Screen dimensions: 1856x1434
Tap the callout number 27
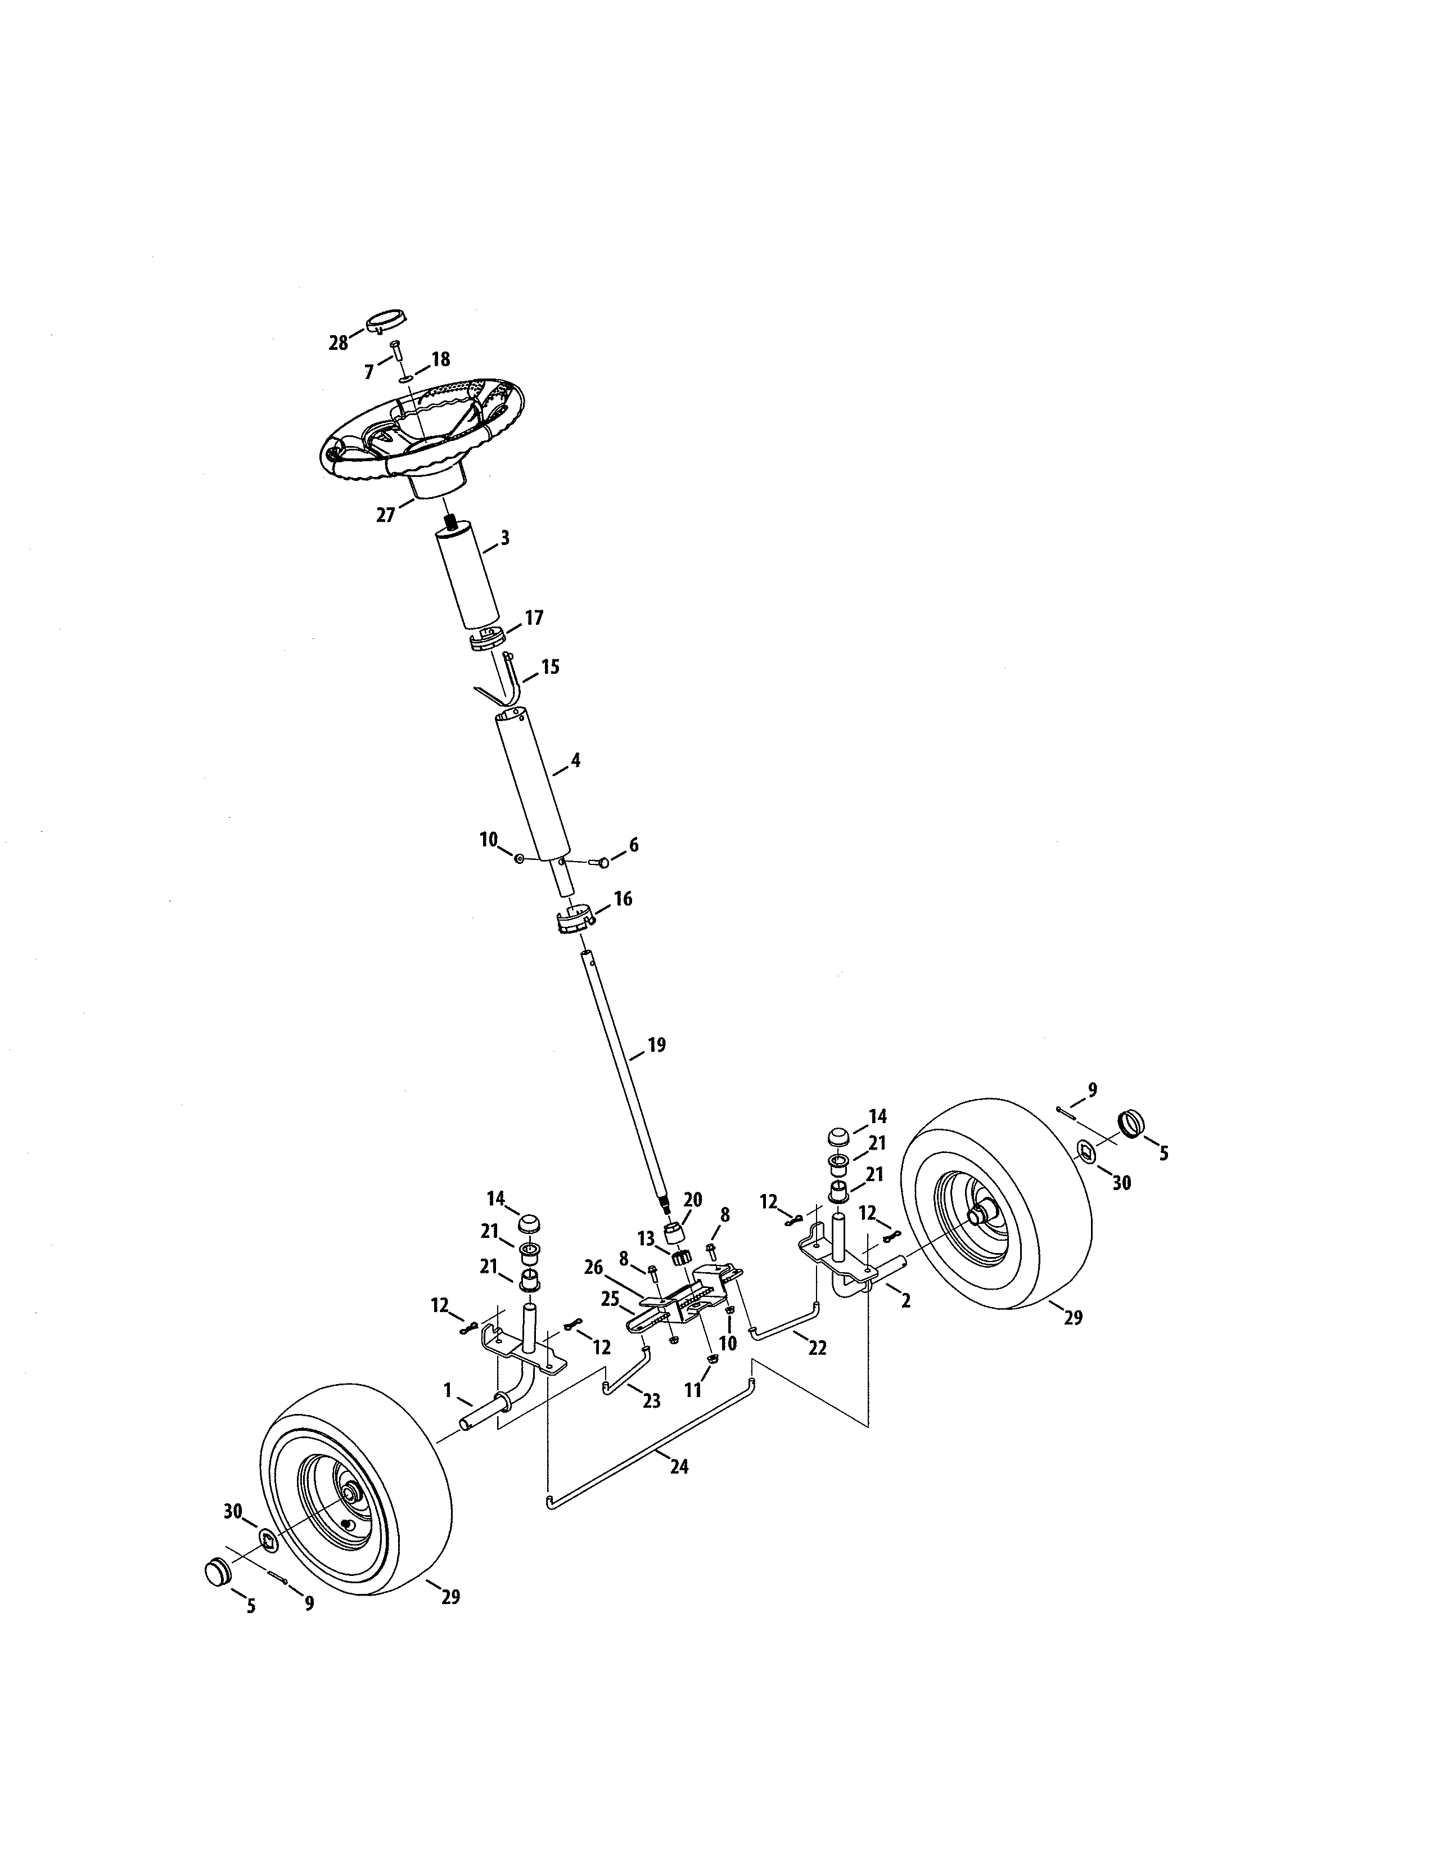click(x=386, y=515)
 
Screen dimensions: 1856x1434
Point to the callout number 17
click(x=534, y=618)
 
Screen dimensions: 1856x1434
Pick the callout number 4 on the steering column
click(x=575, y=760)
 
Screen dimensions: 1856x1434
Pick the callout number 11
click(x=694, y=1390)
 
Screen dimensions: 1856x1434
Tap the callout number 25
click(x=610, y=1299)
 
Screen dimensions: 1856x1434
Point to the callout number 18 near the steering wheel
click(x=440, y=359)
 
